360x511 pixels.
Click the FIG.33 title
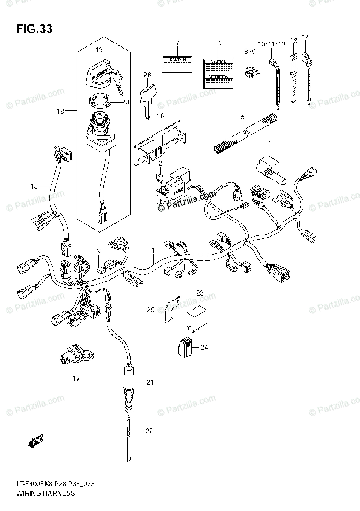[34, 29]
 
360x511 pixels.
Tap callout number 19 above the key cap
[99, 50]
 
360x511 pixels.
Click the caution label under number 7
[178, 64]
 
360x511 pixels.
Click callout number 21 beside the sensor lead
[149, 382]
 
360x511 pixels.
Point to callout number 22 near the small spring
[149, 431]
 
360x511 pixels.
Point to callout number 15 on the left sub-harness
[34, 186]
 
